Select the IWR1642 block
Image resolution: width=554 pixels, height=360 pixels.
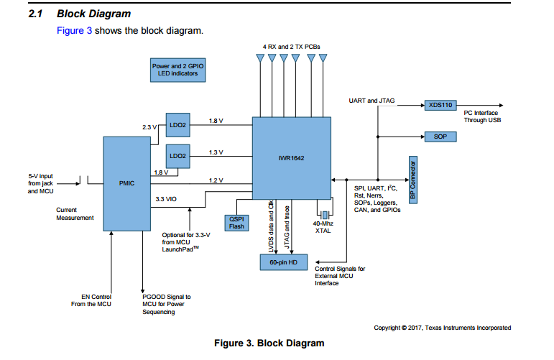[291, 157]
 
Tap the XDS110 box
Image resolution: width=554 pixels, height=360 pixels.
[439, 105]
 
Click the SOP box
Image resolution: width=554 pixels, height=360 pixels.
[439, 136]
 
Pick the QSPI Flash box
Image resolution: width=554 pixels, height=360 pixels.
[236, 222]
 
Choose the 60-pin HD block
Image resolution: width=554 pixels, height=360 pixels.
[283, 263]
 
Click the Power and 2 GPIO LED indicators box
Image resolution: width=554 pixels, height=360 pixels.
[177, 70]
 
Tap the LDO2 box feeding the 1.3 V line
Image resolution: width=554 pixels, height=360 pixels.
[177, 155]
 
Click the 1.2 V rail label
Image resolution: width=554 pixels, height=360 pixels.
[216, 180]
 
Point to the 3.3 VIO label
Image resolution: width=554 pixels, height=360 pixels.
[167, 198]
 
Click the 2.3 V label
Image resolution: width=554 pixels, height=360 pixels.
[149, 126]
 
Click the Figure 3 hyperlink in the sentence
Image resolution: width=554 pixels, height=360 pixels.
[74, 31]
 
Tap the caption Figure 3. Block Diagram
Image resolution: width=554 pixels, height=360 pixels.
[269, 343]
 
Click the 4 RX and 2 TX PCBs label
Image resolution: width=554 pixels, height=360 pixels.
[291, 46]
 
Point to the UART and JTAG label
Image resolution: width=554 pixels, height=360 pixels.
[371, 101]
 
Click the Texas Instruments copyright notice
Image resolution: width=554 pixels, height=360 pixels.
[443, 328]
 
